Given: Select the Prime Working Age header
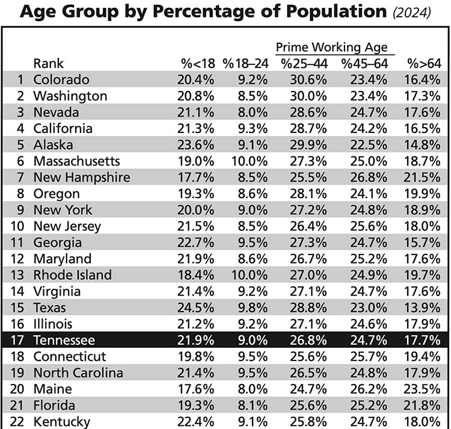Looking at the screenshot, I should (331, 48).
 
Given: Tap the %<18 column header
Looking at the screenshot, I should (195, 63).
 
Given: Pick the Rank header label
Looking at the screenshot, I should (48, 63).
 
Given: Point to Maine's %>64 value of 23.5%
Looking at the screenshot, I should (423, 389).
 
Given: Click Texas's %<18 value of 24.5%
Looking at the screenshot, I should (194, 307).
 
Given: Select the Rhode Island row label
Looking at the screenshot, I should (72, 275).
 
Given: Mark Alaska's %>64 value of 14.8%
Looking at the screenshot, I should (423, 144).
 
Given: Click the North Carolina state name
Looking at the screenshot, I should (78, 372).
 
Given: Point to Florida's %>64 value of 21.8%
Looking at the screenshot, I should (423, 405).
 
